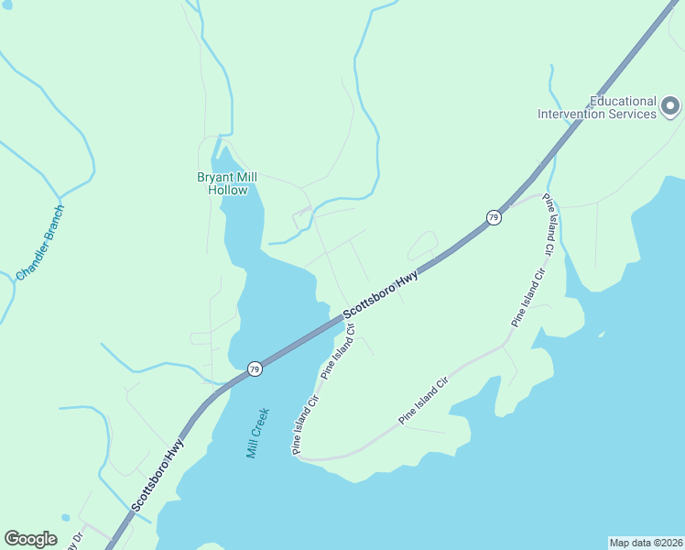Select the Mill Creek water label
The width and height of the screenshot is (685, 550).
tap(256, 434)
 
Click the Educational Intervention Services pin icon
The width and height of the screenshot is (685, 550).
tap(670, 107)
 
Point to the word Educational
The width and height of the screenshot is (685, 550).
tap(623, 101)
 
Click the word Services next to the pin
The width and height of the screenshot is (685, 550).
tap(634, 115)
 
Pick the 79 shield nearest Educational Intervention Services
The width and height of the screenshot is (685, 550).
tap(494, 217)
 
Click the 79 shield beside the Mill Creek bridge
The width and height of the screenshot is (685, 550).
tap(254, 368)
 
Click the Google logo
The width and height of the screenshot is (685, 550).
tap(30, 539)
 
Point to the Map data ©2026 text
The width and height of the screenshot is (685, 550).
tap(645, 542)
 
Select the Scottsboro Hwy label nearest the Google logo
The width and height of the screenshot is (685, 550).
tap(158, 474)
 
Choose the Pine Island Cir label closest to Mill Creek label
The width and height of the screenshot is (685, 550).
tap(305, 424)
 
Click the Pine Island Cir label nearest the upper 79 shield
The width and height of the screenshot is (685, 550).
tap(549, 225)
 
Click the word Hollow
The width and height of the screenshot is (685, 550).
tap(228, 191)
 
